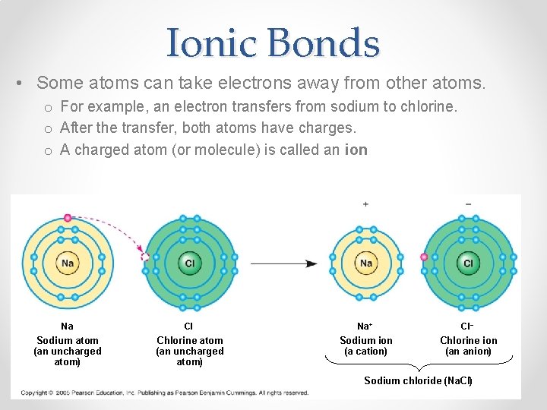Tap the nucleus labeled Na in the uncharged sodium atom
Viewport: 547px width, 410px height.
pos(68,263)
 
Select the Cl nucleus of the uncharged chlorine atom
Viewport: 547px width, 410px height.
pos(189,263)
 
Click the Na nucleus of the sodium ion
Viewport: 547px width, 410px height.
pos(366,263)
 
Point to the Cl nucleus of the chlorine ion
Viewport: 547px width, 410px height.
pos(468,263)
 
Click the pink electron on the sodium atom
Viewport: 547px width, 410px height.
pos(68,218)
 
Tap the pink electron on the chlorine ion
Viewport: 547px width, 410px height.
pos(424,257)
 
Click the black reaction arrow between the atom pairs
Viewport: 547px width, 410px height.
pos(284,263)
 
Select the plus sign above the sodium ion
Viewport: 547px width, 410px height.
pos(365,204)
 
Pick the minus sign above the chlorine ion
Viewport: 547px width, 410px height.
pos(468,204)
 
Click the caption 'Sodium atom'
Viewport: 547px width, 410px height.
pos(68,340)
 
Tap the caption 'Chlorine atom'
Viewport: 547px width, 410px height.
pos(189,340)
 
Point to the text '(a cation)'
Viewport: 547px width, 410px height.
pos(365,352)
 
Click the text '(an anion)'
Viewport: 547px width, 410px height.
pos(468,352)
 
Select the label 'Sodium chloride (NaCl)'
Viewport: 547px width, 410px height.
pos(418,380)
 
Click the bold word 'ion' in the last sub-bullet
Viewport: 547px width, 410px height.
pos(356,150)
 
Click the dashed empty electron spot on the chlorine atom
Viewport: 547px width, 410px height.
pos(146,257)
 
